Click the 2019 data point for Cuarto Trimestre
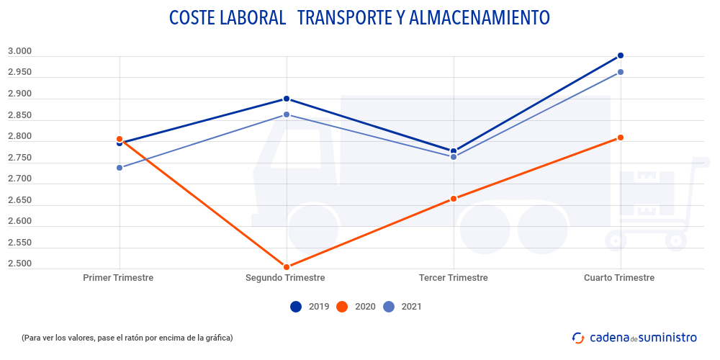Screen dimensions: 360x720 [x=620, y=55]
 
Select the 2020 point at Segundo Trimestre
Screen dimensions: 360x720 [x=287, y=267]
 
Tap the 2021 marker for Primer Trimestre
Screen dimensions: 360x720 [x=120, y=168]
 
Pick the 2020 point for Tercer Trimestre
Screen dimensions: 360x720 [x=454, y=199]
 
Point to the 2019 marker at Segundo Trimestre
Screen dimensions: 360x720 [x=287, y=99]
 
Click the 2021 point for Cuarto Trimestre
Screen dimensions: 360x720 [x=620, y=72]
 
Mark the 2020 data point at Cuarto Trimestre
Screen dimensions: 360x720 [x=620, y=138]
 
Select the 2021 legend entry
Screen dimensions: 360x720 [x=402, y=307]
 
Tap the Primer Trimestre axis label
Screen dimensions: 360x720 [x=118, y=278]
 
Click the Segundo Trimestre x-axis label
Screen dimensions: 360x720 [x=285, y=278]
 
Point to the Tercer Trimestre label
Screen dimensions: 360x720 [x=453, y=278]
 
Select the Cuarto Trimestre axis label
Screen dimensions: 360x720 [x=619, y=278]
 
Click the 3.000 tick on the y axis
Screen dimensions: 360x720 [x=19, y=51]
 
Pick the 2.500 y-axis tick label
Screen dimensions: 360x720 [x=19, y=264]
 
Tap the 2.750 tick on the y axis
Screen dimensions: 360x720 [x=19, y=158]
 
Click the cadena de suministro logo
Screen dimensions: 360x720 [x=634, y=337]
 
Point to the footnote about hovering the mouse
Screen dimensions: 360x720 [x=127, y=337]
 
